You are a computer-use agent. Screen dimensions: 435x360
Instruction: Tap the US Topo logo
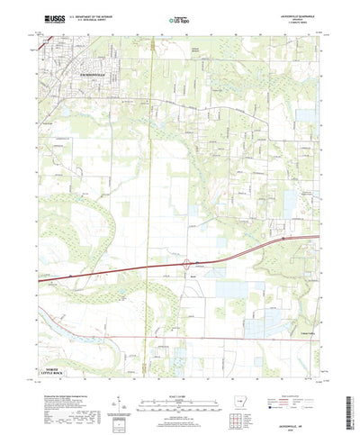tap(178, 19)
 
